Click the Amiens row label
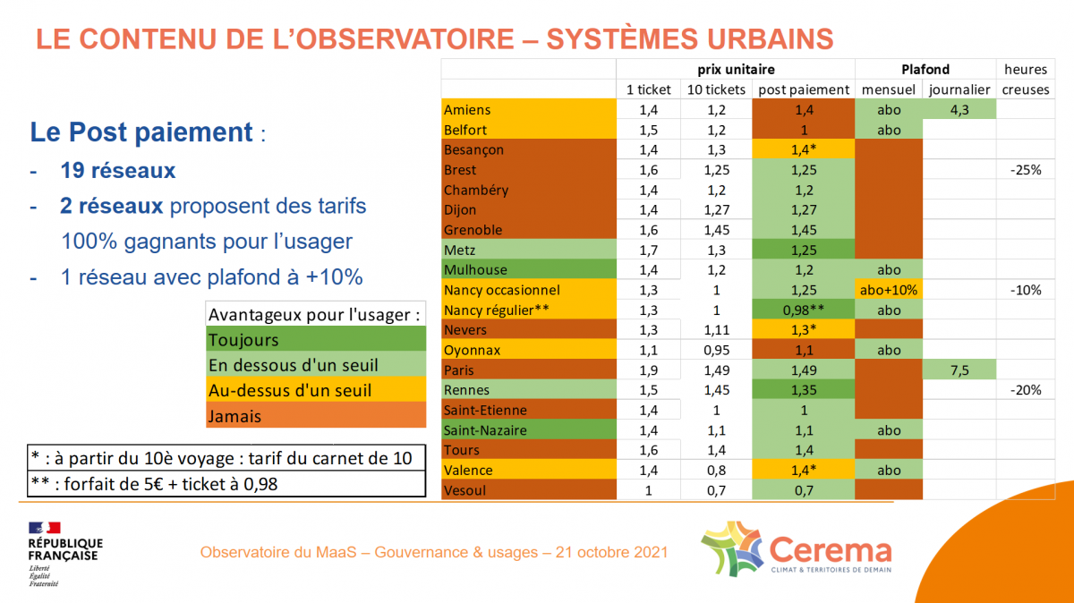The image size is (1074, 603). click(x=466, y=110)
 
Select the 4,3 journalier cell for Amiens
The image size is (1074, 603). click(x=959, y=110)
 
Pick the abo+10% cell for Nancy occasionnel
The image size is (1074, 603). click(x=889, y=290)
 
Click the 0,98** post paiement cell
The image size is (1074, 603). click(x=804, y=310)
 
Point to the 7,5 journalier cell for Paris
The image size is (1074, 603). click(x=959, y=370)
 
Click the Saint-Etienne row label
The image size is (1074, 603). click(x=485, y=411)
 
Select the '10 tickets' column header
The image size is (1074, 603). click(x=716, y=89)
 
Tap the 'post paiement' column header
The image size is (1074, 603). click(x=804, y=89)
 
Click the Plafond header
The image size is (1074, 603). click(x=925, y=69)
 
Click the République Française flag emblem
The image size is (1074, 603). click(x=44, y=527)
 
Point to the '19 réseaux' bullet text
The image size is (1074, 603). click(x=117, y=171)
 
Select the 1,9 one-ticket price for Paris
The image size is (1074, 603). click(x=648, y=370)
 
